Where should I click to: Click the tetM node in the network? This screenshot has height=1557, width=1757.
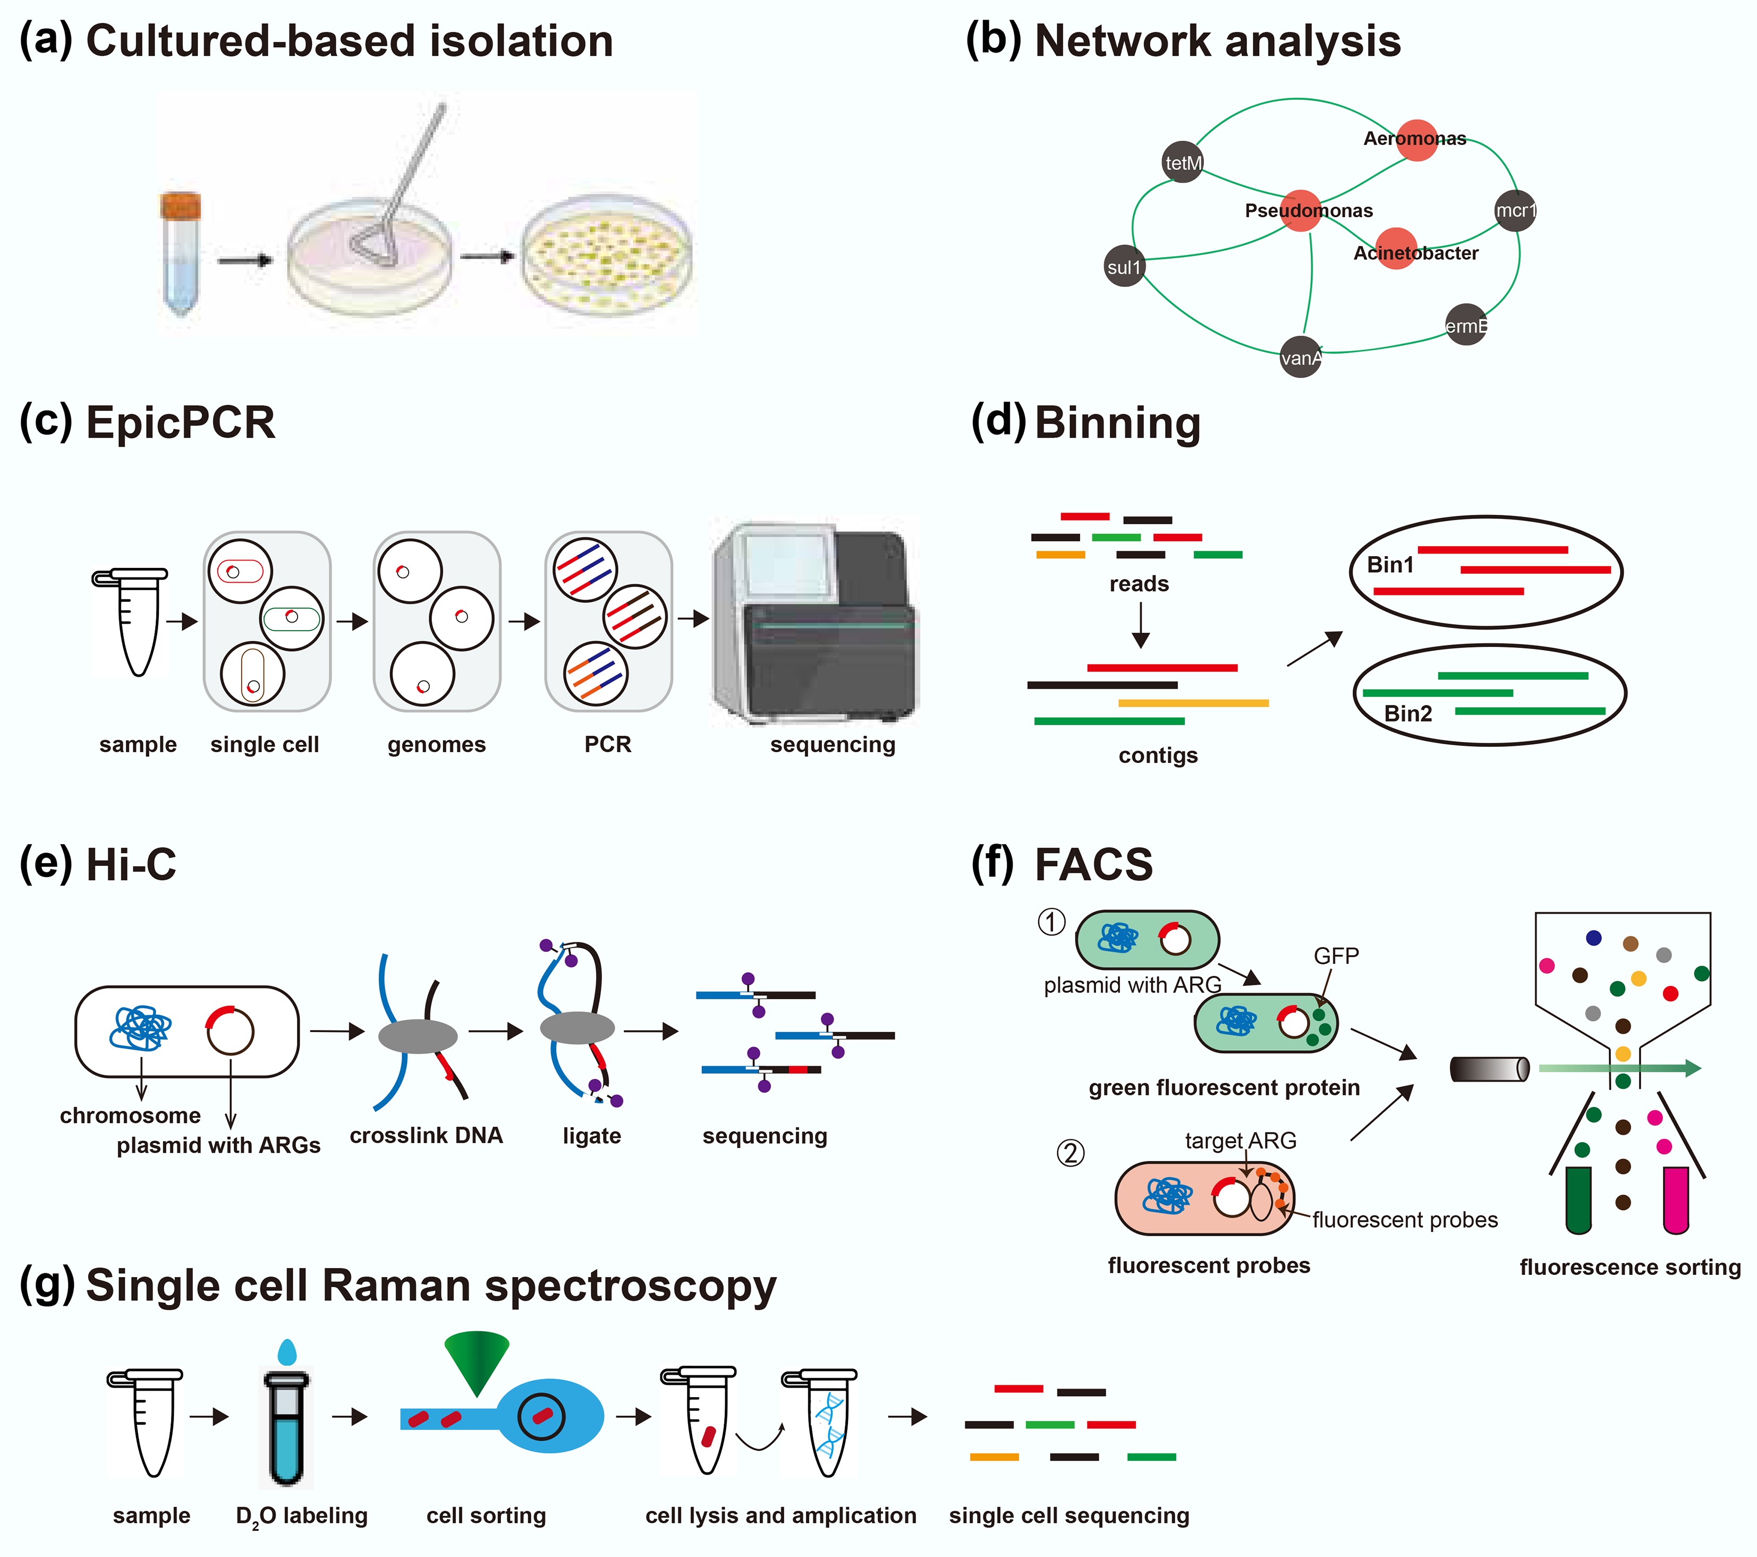point(1183,163)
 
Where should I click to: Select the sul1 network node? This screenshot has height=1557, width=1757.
point(1124,266)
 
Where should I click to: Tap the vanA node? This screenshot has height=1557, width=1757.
point(1301,358)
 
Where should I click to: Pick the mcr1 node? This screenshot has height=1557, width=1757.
point(1515,210)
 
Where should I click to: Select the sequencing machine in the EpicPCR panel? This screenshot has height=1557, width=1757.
point(815,623)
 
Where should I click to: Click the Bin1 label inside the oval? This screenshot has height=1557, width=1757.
point(1390,565)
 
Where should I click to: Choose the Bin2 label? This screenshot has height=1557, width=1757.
point(1408,713)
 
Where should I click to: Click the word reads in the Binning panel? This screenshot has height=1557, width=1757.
point(1139,584)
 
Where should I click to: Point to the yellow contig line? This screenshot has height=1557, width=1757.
point(1193,703)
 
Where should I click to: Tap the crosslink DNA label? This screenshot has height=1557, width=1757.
point(426,1136)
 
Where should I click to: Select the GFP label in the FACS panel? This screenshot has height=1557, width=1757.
point(1336,956)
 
